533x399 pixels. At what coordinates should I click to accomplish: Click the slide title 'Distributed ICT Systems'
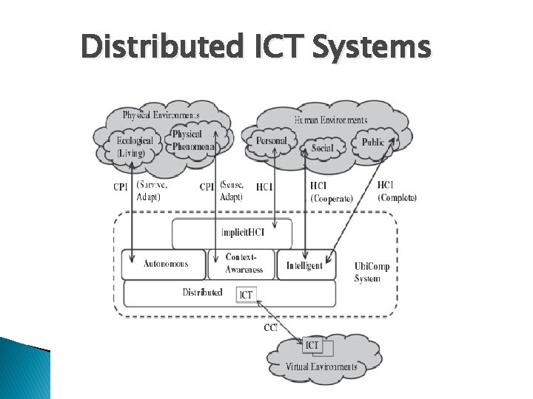click(x=255, y=47)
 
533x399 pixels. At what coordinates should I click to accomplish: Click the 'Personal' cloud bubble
click(x=271, y=140)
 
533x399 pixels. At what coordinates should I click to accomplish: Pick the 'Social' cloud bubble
click(x=322, y=149)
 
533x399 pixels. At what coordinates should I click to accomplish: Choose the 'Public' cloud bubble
click(x=372, y=142)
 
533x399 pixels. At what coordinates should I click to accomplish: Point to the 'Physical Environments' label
click(x=161, y=115)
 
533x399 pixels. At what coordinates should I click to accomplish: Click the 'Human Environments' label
click(x=330, y=119)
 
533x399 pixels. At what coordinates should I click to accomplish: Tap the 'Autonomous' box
click(x=164, y=264)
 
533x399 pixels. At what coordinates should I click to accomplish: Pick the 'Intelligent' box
click(x=304, y=265)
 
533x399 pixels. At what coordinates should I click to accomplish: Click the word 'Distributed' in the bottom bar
click(x=202, y=293)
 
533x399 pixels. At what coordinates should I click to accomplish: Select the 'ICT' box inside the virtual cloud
click(x=313, y=345)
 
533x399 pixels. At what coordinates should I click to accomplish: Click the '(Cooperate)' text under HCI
click(x=331, y=198)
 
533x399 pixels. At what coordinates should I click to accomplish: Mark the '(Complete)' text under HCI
click(x=397, y=197)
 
